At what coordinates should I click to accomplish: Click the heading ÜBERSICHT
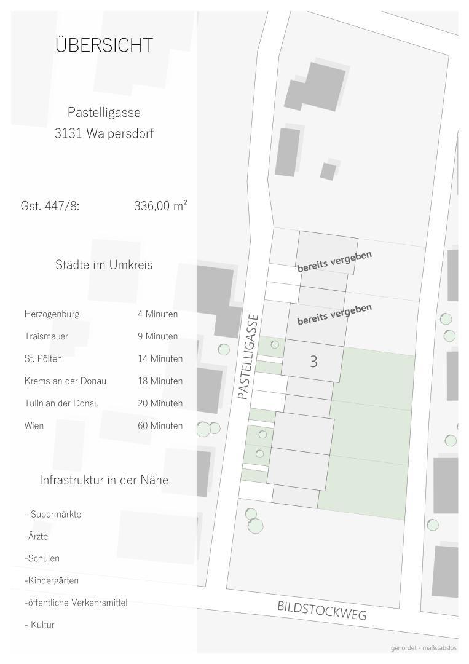104,45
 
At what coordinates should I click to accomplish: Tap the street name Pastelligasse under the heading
104,113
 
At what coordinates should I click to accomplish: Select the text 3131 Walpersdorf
104,133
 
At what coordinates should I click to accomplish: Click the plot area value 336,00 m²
160,206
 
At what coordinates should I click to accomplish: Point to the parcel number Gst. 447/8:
50,206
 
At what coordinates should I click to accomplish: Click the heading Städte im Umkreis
104,265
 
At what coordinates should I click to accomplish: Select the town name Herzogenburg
52,314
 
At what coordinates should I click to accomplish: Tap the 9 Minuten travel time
157,336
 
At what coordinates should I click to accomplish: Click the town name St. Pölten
43,358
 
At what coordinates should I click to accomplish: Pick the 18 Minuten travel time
160,381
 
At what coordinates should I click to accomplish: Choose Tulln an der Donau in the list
61,403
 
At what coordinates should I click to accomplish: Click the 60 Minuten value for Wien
160,425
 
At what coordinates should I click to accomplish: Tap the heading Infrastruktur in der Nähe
104,480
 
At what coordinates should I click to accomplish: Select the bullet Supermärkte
53,514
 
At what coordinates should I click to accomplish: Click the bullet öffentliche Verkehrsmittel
76,603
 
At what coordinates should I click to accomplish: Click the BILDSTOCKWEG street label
321,611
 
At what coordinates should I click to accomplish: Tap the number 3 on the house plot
313,362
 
